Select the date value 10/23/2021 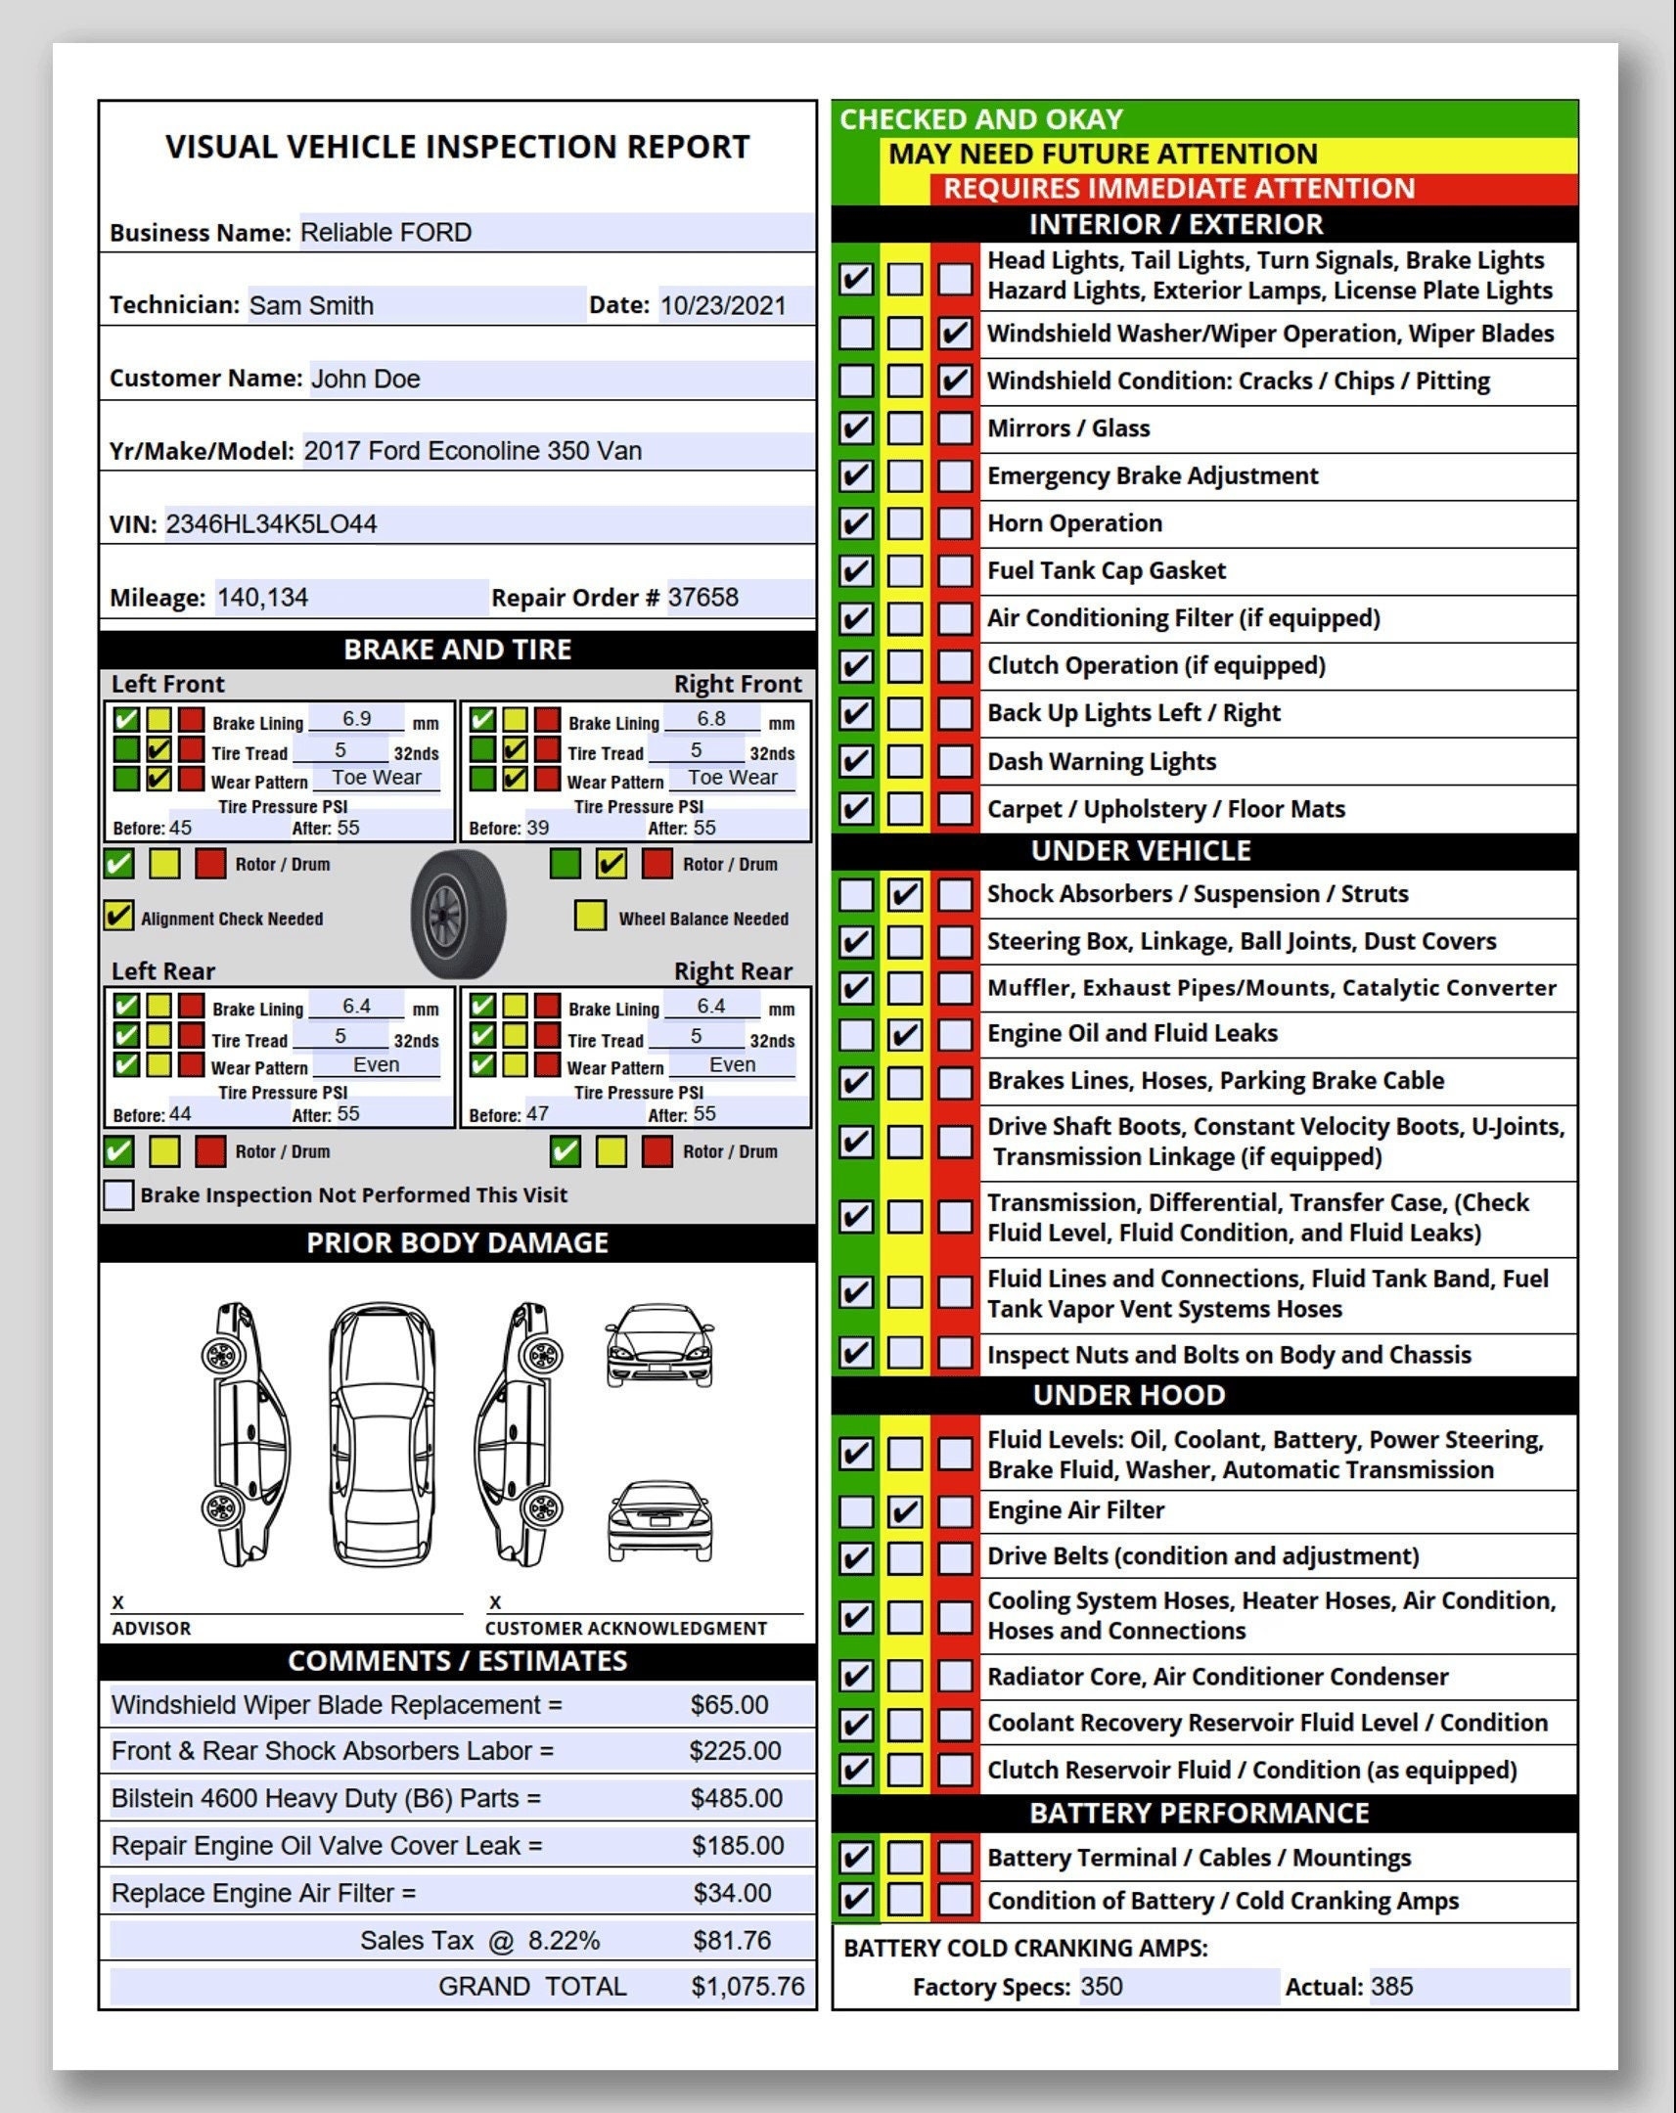pos(723,306)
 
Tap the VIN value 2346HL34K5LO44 pos(271,524)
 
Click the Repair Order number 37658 pos(702,598)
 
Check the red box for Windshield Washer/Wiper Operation pos(955,335)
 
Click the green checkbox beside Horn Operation pos(856,523)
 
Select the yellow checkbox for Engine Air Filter pos(905,1511)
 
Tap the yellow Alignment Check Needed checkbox pos(118,917)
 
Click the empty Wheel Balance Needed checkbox pos(590,917)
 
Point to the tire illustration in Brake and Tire pos(458,914)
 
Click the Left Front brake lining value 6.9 pos(357,719)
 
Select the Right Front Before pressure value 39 pos(538,829)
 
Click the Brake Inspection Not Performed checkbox pos(118,1194)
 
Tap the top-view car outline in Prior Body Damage pos(382,1433)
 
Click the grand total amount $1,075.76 pos(747,1987)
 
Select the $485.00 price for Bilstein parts pos(736,1798)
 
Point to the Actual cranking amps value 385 pos(1391,1987)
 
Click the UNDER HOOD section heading pos(1129,1396)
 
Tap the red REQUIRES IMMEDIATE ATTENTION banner pos(1179,188)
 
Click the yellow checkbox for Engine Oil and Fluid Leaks pos(905,1035)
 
